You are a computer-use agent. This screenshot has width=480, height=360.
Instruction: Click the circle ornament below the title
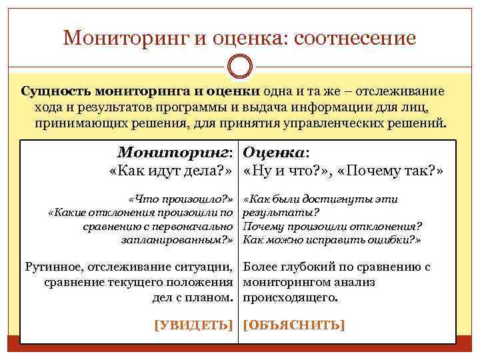(x=240, y=67)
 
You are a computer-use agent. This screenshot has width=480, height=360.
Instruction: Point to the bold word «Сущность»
(x=57, y=91)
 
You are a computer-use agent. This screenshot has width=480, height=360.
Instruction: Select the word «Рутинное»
(x=55, y=267)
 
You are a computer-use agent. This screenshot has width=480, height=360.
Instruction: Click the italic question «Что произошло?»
(x=182, y=199)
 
